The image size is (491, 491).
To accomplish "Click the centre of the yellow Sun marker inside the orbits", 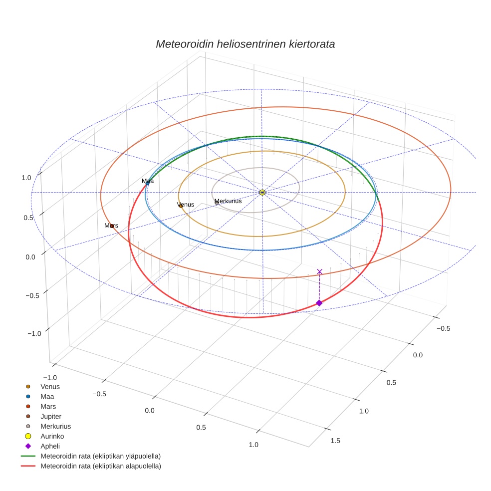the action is [262, 192].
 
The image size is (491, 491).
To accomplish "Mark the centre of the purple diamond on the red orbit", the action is [319, 303].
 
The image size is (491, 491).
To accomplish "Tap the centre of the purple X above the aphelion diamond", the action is [319, 271].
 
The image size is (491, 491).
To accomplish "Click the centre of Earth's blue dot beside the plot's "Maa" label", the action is [147, 184].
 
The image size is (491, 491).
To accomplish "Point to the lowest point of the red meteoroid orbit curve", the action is [250, 317].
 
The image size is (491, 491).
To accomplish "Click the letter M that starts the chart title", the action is [161, 44].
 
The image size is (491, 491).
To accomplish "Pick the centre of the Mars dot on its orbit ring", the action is [112, 226].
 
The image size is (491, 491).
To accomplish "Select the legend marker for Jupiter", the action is [28, 416].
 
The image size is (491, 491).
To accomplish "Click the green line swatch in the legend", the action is [28, 456].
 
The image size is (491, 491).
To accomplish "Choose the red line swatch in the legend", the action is [28, 466].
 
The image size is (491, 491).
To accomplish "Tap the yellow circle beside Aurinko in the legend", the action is [28, 436].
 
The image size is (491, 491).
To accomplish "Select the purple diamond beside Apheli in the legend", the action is [28, 446].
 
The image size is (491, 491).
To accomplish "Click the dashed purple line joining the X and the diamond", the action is [319, 287].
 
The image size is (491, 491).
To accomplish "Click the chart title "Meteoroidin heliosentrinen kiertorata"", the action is [245, 44].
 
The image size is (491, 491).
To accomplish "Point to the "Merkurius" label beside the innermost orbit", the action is [228, 201].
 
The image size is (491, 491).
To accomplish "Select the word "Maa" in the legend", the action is [47, 396].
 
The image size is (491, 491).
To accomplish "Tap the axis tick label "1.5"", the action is [335, 441].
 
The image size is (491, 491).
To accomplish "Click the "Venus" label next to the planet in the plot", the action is [186, 205].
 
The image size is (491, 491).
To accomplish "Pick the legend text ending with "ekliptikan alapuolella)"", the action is [101, 466].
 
